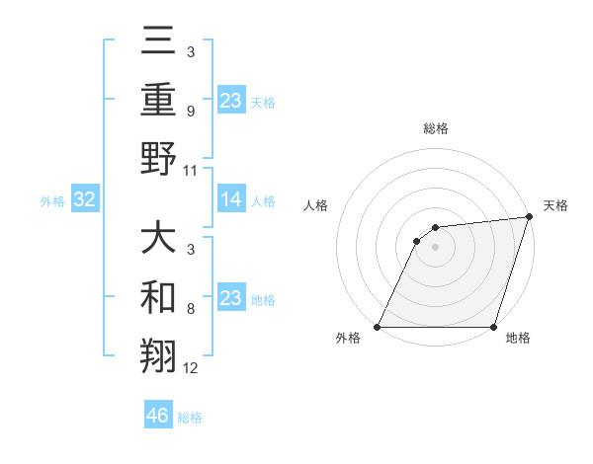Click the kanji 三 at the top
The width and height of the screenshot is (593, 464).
point(158,44)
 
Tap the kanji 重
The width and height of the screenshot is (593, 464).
point(158,100)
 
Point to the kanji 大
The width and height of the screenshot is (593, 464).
point(158,240)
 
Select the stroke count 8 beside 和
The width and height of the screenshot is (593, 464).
point(190,309)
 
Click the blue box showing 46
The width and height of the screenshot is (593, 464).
point(158,416)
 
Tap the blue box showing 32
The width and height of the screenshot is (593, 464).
point(84,200)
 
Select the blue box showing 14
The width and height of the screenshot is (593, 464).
point(231,200)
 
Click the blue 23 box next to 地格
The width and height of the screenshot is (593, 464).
point(231,299)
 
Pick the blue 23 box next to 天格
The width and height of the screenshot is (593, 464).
point(231,101)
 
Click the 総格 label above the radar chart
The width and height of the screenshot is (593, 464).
point(435,129)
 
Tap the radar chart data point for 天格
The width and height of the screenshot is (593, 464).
point(530,218)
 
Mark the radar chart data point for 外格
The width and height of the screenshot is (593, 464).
point(378,327)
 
